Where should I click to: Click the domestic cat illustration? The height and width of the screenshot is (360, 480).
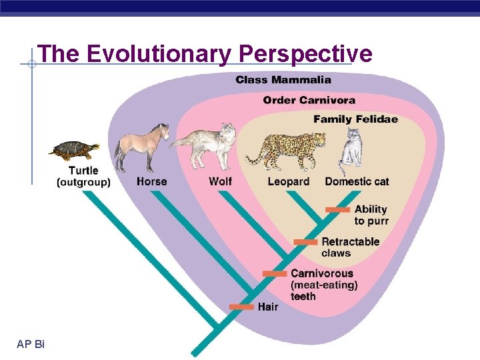(x=351, y=151)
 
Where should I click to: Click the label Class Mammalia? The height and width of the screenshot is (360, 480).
(x=283, y=80)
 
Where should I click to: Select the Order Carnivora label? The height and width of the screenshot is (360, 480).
(x=309, y=100)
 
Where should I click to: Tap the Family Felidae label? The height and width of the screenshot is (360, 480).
(x=355, y=119)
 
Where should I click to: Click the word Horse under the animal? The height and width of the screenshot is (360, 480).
(x=151, y=181)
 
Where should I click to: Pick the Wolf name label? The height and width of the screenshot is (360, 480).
(x=220, y=181)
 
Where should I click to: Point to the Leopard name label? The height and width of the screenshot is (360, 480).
(x=288, y=181)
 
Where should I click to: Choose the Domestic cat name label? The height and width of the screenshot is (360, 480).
(x=357, y=181)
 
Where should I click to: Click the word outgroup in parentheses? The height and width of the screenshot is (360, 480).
(x=83, y=182)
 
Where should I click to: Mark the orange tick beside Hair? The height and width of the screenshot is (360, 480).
(x=241, y=307)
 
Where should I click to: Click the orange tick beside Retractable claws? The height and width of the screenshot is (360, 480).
(x=305, y=241)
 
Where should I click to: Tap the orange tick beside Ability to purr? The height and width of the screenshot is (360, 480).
(x=337, y=209)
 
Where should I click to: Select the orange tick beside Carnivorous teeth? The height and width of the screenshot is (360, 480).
(x=274, y=273)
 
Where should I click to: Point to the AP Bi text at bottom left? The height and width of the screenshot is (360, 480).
(x=31, y=345)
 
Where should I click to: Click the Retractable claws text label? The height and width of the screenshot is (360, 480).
(x=349, y=247)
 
